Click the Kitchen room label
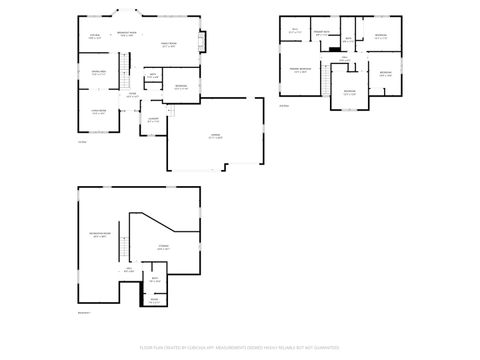click(95, 37)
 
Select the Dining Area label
click(99, 73)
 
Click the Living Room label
click(99, 112)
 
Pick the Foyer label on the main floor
click(131, 96)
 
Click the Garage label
click(215, 137)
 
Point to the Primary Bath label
click(322, 34)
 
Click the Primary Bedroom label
click(300, 70)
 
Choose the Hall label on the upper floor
click(343, 59)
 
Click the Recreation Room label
click(98, 234)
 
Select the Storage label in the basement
click(162, 247)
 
